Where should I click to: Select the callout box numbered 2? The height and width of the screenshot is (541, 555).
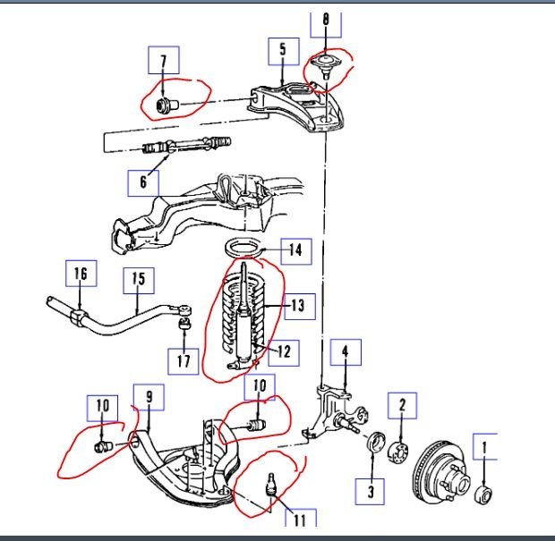pyautogui.click(x=403, y=408)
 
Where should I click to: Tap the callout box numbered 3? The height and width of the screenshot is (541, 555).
pyautogui.click(x=371, y=489)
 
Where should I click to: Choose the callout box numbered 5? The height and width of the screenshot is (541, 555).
pyautogui.click(x=283, y=49)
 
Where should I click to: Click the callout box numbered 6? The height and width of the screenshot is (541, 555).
pyautogui.click(x=142, y=182)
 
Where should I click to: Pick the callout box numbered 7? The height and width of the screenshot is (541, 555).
pyautogui.click(x=163, y=62)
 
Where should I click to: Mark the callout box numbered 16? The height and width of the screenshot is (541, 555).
pyautogui.click(x=81, y=273)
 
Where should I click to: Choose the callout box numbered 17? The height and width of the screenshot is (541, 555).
pyautogui.click(x=184, y=359)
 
